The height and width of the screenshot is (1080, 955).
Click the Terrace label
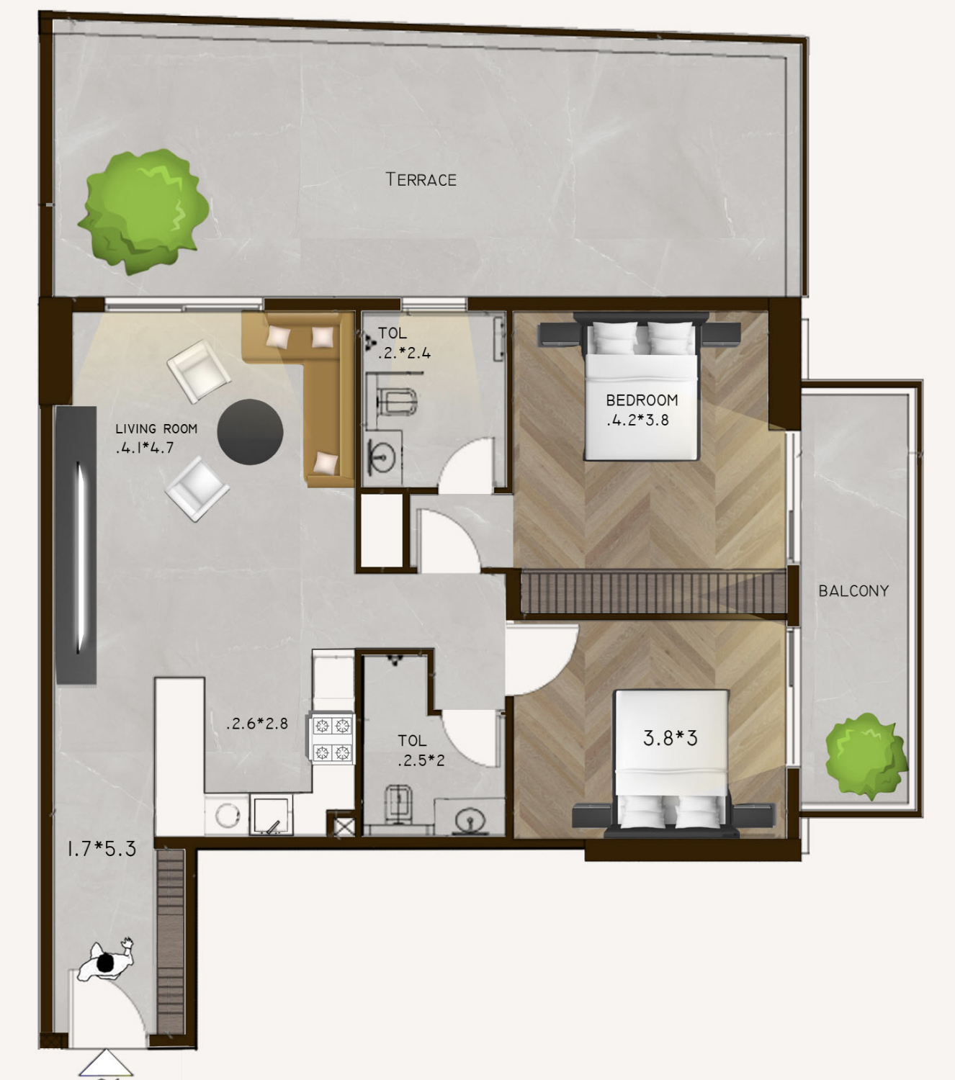[x=421, y=180]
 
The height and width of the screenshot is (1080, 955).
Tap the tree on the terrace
[x=143, y=212]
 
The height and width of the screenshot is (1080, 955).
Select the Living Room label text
[x=156, y=428]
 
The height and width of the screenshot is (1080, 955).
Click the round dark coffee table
[x=250, y=432]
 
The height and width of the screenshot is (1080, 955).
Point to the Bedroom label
[x=642, y=400]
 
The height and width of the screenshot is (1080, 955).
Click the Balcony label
[x=853, y=590]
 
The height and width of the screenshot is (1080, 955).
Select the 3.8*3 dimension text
[x=671, y=738]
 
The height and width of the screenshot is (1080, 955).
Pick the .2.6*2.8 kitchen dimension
[x=256, y=724]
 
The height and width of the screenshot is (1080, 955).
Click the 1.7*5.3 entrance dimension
[x=102, y=849]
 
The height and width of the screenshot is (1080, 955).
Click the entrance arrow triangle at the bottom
[x=106, y=1062]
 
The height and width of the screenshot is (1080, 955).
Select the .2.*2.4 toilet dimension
[x=404, y=353]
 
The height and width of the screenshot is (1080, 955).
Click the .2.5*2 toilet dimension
[x=421, y=760]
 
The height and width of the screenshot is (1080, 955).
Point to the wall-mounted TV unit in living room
[x=76, y=545]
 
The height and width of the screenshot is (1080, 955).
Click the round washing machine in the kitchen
[x=227, y=815]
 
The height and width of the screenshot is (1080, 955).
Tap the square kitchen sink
[x=272, y=815]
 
